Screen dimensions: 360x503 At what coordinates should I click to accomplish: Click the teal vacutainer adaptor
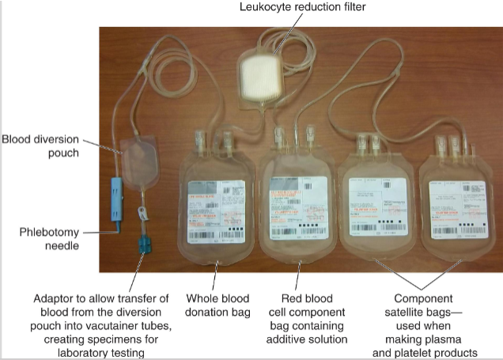pyautogui.click(x=145, y=241)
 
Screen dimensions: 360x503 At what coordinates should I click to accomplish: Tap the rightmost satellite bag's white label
pyautogui.click(x=454, y=207)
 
